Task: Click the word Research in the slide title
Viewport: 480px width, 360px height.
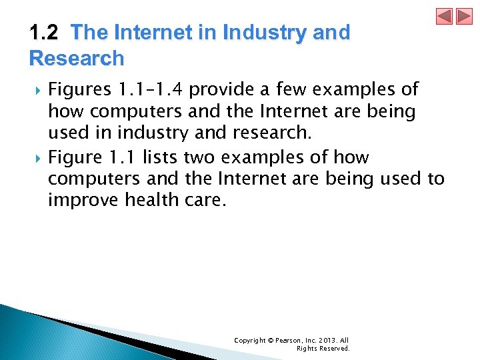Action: [77, 58]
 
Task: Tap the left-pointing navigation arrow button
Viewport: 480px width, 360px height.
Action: [445, 17]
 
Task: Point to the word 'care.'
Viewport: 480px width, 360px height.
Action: [203, 200]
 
